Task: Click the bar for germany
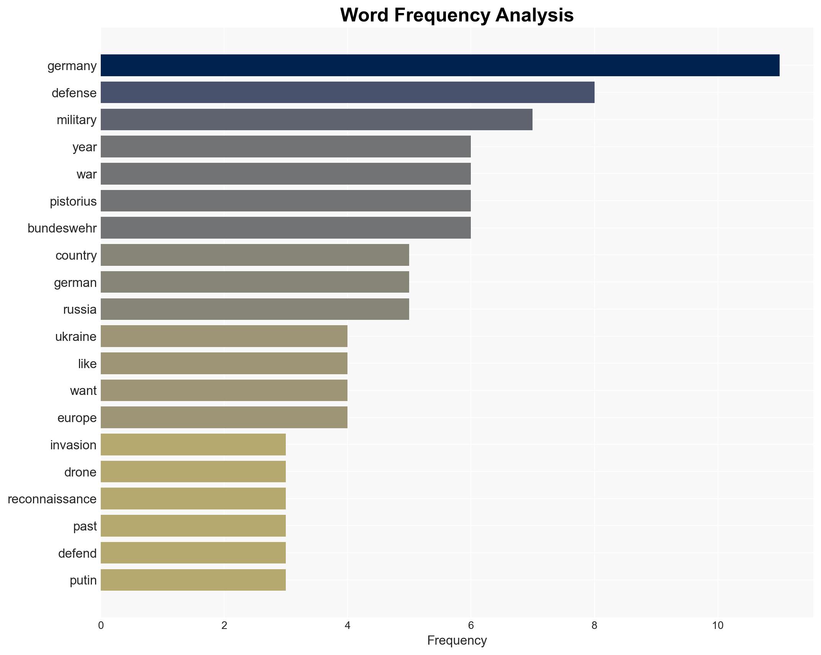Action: pos(440,65)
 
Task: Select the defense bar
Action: pos(347,92)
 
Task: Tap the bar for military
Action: pos(316,120)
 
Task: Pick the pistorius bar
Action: pos(286,201)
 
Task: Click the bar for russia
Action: pos(255,309)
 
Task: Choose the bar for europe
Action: pos(224,418)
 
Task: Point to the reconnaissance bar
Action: pos(193,499)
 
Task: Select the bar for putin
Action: pos(193,580)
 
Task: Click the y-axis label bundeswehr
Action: pos(62,228)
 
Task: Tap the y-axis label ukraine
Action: pos(76,337)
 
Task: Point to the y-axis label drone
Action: pos(80,472)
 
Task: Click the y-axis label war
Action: pos(87,174)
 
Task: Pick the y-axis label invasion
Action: pos(73,445)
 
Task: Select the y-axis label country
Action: pos(76,255)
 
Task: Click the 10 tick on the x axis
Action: pos(718,626)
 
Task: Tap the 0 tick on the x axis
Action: pos(101,626)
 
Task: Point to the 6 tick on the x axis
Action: pos(471,626)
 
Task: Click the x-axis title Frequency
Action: pos(457,640)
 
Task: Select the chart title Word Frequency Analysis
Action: pos(457,15)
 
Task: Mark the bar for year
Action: pos(286,147)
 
